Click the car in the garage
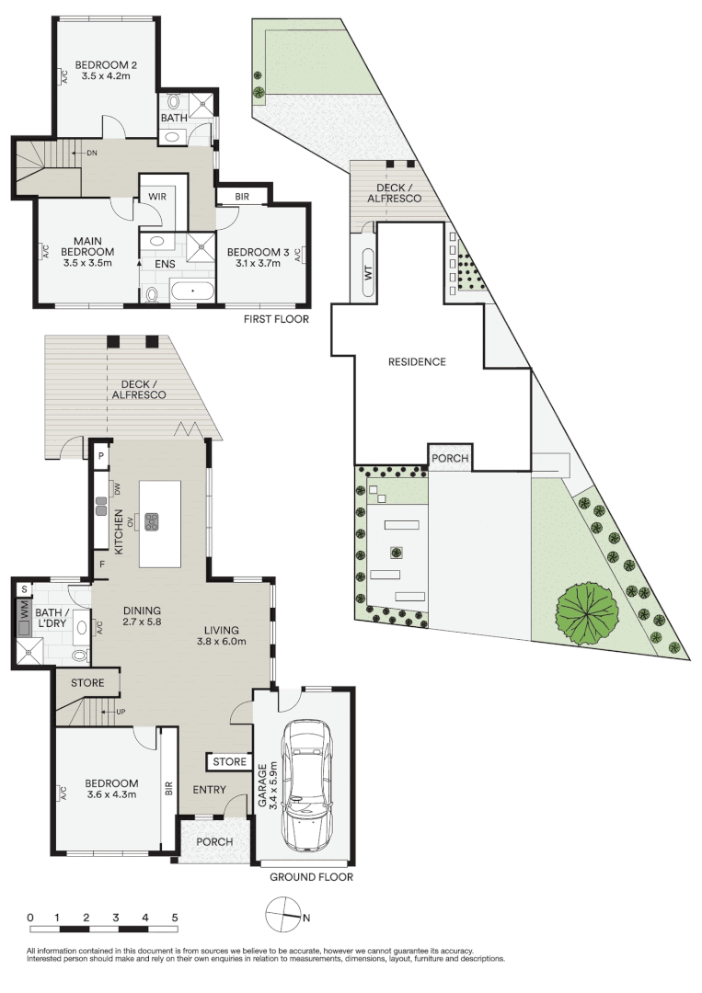[x=307, y=786]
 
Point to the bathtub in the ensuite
[x=192, y=292]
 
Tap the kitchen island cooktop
[x=152, y=520]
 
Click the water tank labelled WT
[x=369, y=272]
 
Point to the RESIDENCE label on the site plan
[x=417, y=361]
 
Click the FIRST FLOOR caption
[x=276, y=319]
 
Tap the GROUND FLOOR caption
[x=311, y=877]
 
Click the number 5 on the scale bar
[x=174, y=918]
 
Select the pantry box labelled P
[x=99, y=456]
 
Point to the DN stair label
[x=92, y=153]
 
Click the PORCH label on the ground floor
[x=213, y=842]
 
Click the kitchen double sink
[x=101, y=505]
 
